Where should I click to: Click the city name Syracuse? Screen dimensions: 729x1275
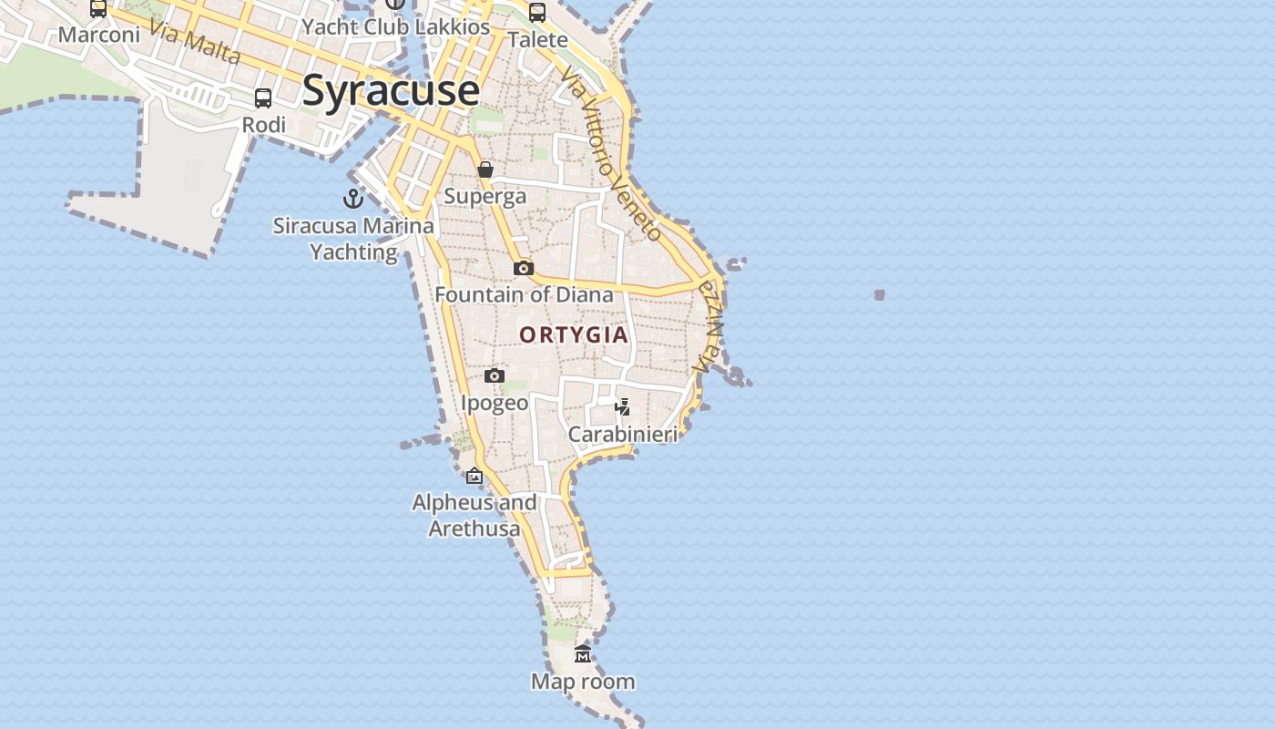point(391,90)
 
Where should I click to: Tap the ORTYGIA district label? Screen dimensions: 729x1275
point(574,334)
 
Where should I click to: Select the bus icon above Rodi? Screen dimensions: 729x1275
point(263,98)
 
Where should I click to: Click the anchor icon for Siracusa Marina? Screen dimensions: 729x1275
point(353,198)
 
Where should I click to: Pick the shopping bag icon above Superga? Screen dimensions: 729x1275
point(485,169)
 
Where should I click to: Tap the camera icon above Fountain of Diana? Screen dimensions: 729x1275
point(524,268)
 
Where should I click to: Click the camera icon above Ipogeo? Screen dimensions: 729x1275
point(495,375)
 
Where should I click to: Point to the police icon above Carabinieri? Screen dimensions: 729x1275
point(623,406)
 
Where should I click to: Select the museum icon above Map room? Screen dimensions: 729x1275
point(583,654)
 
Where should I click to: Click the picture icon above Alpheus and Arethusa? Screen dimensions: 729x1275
point(474,476)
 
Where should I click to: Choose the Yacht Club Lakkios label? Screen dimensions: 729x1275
point(396,26)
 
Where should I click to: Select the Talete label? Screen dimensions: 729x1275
point(537,40)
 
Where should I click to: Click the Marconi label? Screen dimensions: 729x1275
point(99,35)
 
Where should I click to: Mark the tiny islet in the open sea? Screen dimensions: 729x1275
point(880,294)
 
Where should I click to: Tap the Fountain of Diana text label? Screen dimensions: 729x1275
point(524,294)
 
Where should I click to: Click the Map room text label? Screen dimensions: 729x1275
point(583,682)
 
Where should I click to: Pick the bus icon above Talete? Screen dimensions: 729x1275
point(537,13)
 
